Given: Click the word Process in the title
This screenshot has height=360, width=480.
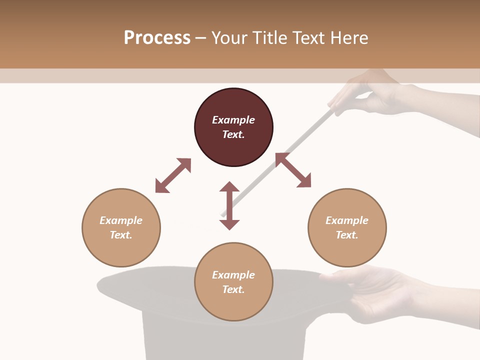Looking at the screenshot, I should click(157, 38).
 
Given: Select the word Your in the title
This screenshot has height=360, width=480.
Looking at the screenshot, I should click(229, 38).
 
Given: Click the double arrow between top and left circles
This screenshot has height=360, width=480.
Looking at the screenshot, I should click(173, 175).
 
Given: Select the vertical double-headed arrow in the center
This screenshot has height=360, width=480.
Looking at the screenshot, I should click(229, 205).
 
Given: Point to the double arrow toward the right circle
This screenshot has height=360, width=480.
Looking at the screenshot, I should click(293, 170).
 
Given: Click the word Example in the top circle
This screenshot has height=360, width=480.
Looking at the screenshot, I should click(233, 120).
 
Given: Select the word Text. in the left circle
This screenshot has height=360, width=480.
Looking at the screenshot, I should click(121, 235).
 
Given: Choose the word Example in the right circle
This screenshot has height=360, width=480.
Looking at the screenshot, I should click(347, 220).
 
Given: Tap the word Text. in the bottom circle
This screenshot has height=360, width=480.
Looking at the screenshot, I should click(233, 289).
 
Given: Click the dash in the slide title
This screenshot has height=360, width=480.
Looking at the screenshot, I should click(200, 38).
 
